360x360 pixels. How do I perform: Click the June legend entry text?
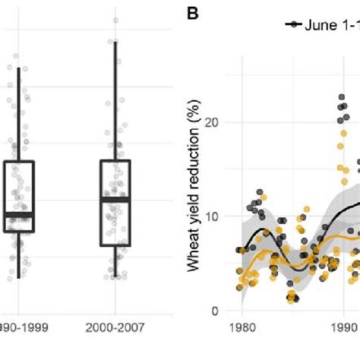pos(331,24)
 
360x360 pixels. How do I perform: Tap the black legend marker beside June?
pos(292,25)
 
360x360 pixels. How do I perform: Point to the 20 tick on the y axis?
pos(221,122)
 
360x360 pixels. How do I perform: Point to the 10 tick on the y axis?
pos(221,216)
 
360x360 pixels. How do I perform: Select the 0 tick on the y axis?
pos(224,311)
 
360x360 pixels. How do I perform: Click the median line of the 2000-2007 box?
pos(115,199)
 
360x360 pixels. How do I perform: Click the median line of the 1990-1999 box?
pos(18,215)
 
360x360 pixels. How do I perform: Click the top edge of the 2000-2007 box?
pos(115,161)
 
